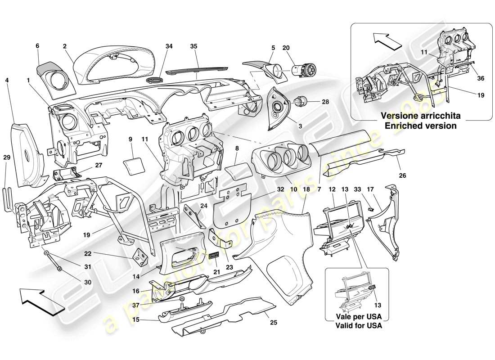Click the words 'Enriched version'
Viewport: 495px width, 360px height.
coord(420,126)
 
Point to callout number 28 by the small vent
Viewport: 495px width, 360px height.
coord(325,102)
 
